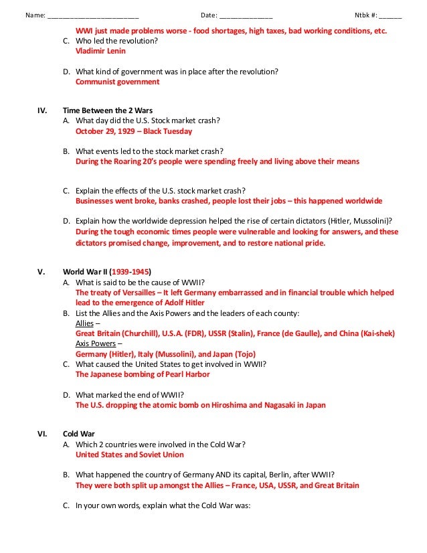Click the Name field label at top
[x=35, y=15]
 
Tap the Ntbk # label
[x=365, y=15]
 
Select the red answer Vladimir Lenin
[x=100, y=51]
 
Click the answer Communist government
[x=117, y=82]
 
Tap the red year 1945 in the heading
[x=141, y=272]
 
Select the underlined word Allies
[x=85, y=323]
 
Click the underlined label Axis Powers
[x=96, y=343]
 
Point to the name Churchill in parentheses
[x=139, y=333]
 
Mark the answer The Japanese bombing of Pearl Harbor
[x=143, y=374]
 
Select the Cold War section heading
[x=78, y=434]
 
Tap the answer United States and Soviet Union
[x=129, y=455]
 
